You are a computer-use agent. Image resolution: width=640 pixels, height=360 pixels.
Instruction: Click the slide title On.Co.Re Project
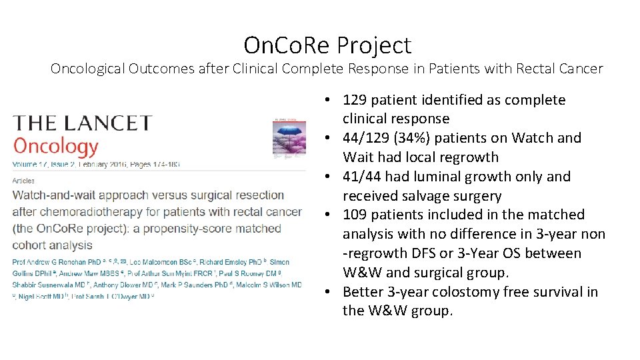click(x=327, y=45)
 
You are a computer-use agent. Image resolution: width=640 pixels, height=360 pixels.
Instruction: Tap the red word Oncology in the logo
click(x=55, y=146)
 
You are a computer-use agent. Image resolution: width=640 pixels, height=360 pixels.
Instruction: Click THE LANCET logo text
click(x=83, y=123)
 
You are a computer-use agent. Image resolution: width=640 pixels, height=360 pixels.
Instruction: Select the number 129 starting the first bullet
click(x=354, y=100)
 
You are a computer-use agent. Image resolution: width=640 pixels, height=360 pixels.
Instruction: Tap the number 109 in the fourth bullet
click(x=354, y=215)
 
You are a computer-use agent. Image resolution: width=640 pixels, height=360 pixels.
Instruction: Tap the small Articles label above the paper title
click(x=23, y=181)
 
